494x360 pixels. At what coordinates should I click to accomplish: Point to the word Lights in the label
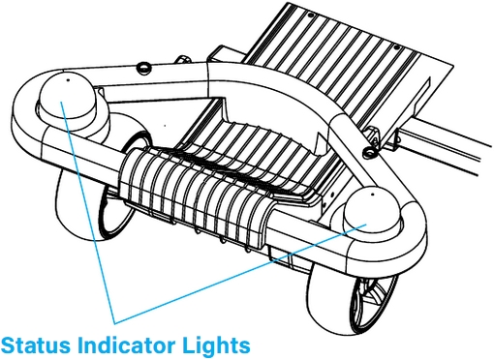(x=220, y=344)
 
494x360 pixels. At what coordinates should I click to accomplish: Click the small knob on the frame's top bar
(x=142, y=66)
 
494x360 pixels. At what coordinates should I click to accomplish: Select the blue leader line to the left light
(x=90, y=213)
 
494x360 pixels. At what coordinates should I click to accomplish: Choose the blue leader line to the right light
(x=242, y=271)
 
